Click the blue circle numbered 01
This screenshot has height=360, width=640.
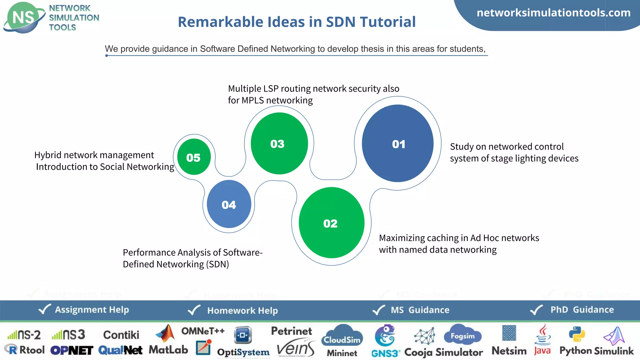pyautogui.click(x=397, y=143)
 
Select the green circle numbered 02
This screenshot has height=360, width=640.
pyautogui.click(x=331, y=222)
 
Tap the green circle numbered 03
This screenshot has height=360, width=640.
pyautogui.click(x=279, y=143)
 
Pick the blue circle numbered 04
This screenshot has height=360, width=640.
pyautogui.click(x=229, y=204)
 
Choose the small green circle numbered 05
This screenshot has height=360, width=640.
pyautogui.click(x=194, y=157)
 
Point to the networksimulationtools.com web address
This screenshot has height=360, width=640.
pyautogui.click(x=553, y=13)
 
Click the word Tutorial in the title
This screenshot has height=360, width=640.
pyautogui.click(x=387, y=22)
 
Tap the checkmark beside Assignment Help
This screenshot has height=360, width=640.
pyautogui.click(x=44, y=309)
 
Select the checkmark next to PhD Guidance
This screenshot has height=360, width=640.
pyautogui.click(x=537, y=310)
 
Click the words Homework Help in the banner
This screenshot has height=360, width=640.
pyautogui.click(x=242, y=311)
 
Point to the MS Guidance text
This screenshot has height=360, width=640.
pyautogui.click(x=420, y=310)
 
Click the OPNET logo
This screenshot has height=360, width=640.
pyautogui.click(x=72, y=351)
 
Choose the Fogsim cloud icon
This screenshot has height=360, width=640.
pyautogui.click(x=463, y=335)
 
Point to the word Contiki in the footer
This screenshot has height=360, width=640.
pyautogui.click(x=121, y=335)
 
